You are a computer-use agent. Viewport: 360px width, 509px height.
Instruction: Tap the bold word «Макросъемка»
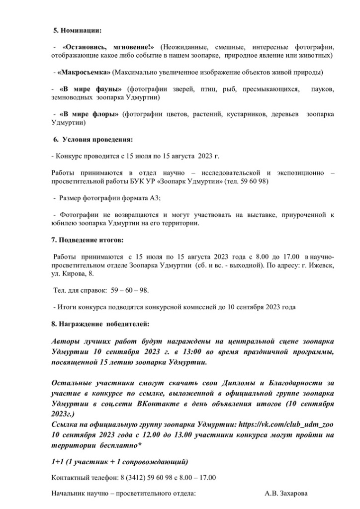pos(84,72)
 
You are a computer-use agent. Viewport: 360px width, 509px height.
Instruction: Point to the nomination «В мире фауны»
pos(90,89)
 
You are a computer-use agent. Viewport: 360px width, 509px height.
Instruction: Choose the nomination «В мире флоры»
pos(90,114)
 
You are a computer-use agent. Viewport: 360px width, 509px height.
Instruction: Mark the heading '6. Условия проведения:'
pos(93,139)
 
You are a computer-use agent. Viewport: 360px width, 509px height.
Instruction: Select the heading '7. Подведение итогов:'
pos(88,240)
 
